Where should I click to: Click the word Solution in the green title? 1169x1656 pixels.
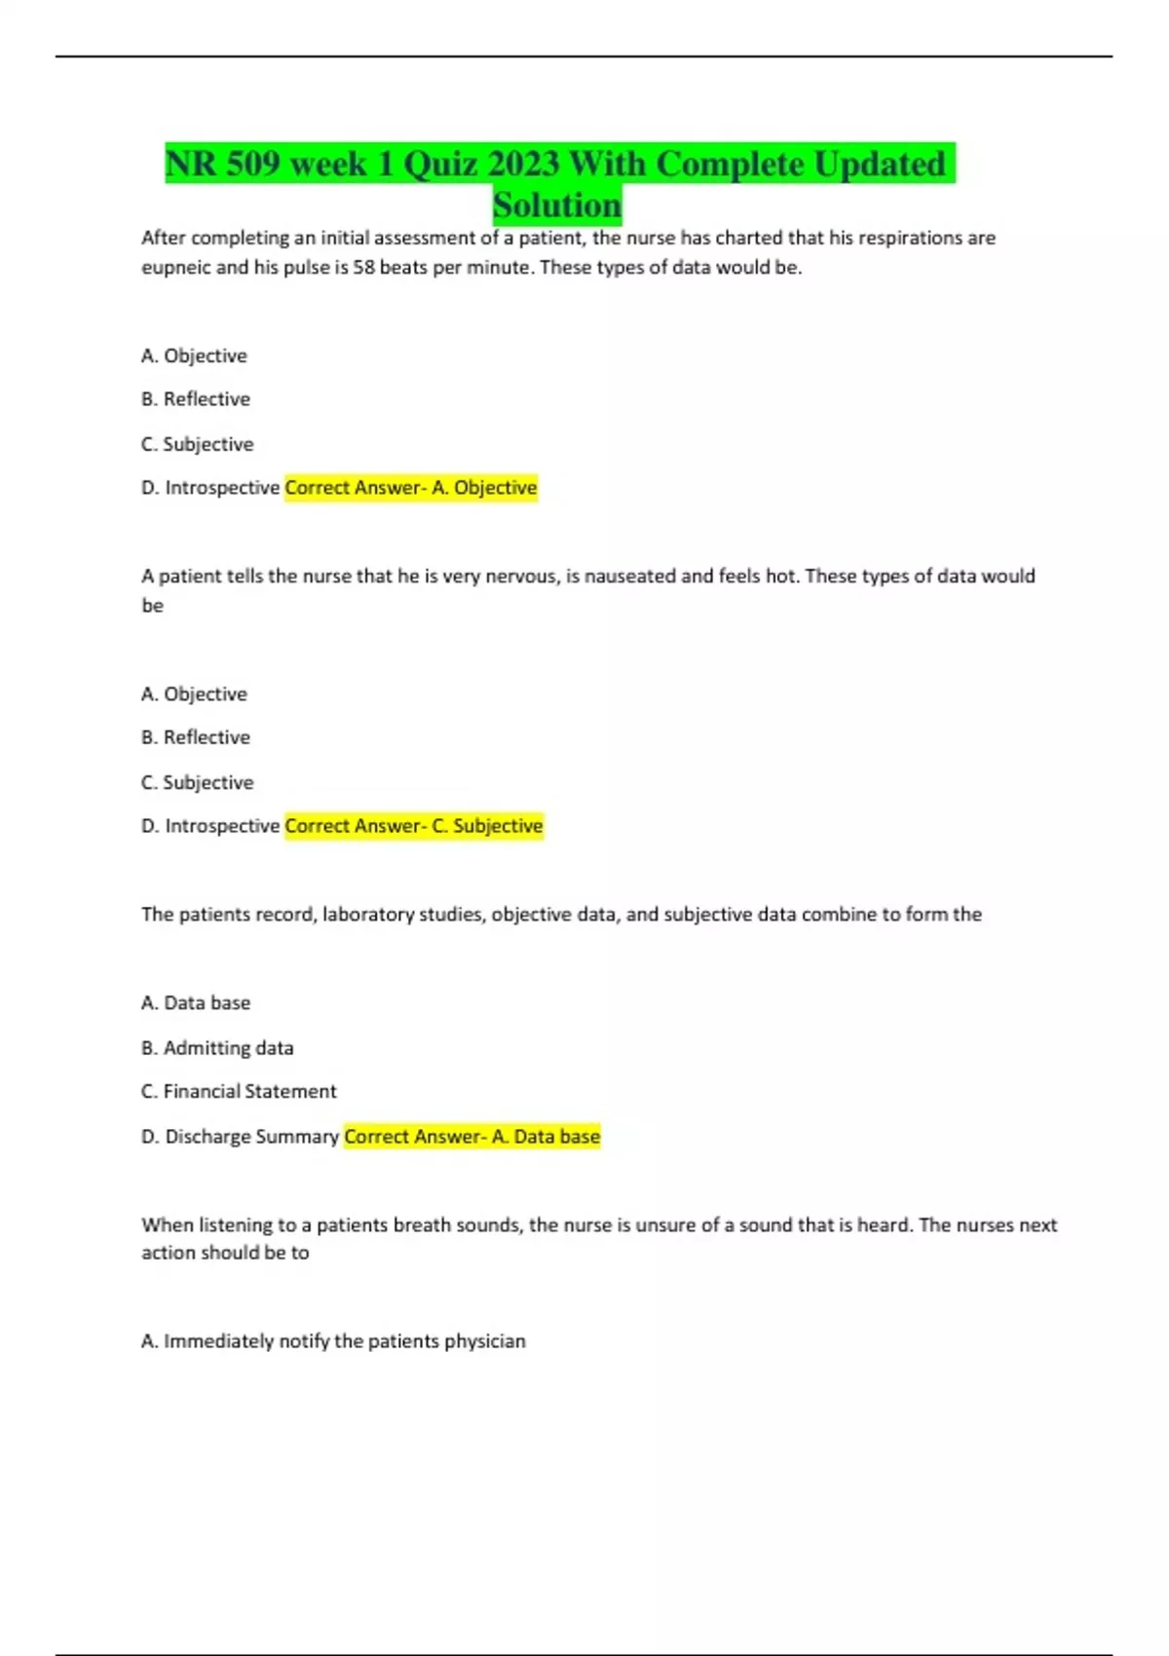pos(557,206)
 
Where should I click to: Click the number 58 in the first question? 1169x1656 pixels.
pos(363,267)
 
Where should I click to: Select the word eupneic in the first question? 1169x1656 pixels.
pos(175,267)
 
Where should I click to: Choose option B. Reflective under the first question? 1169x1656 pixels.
pos(196,399)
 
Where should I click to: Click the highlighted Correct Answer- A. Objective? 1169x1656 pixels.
pos(410,487)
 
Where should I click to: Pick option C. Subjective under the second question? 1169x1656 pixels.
pos(198,782)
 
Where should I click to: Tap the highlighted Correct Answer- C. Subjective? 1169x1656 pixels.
pos(413,826)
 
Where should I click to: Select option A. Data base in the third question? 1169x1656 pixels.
pos(196,1002)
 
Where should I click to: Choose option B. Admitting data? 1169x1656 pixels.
pos(217,1048)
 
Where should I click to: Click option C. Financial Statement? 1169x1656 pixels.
pos(239,1091)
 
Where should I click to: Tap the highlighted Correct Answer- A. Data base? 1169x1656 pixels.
pos(471,1136)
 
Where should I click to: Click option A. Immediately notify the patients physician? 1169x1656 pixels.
pos(333,1341)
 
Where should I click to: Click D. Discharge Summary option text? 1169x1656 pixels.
pos(240,1136)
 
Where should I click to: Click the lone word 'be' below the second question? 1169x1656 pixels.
pos(153,606)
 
